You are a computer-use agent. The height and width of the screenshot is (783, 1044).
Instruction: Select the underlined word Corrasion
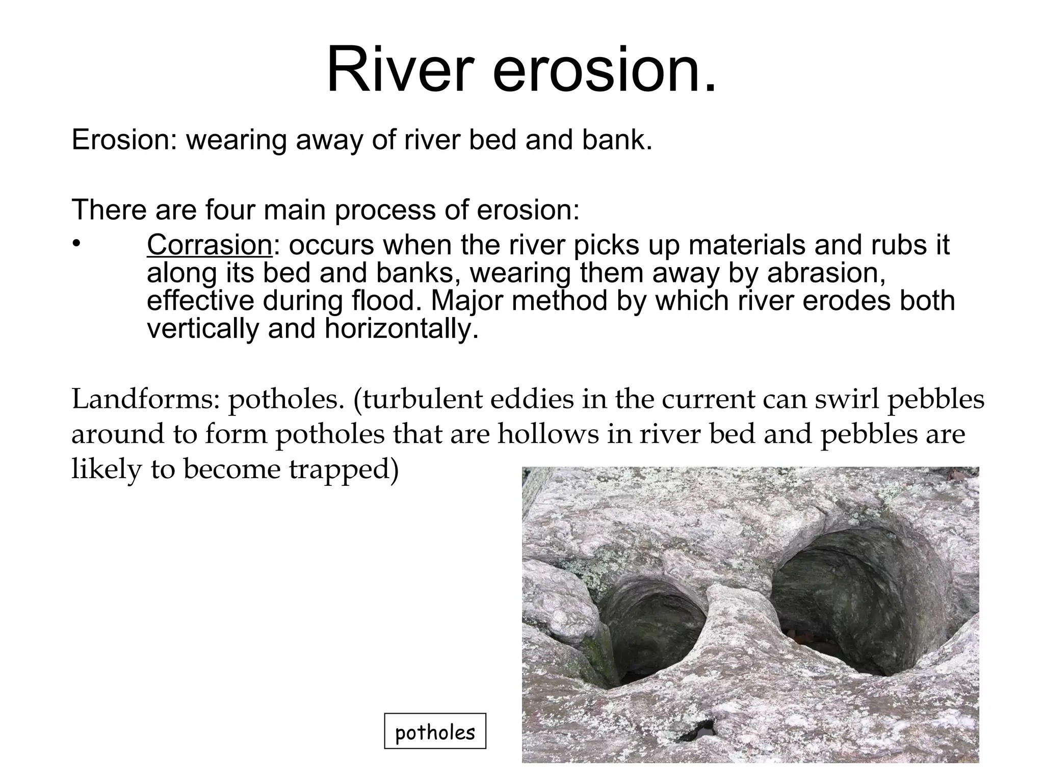[210, 245]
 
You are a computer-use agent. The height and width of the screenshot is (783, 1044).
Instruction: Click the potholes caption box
[435, 731]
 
